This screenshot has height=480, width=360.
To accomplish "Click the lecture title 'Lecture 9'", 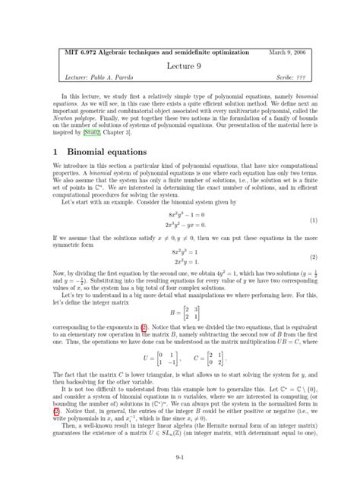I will coord(180,66).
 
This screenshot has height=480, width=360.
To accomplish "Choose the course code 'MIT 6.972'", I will coord(65,52).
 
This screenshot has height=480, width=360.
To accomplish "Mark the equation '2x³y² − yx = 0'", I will coord(179,226).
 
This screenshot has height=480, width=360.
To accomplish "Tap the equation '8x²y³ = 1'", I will coord(179,251).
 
